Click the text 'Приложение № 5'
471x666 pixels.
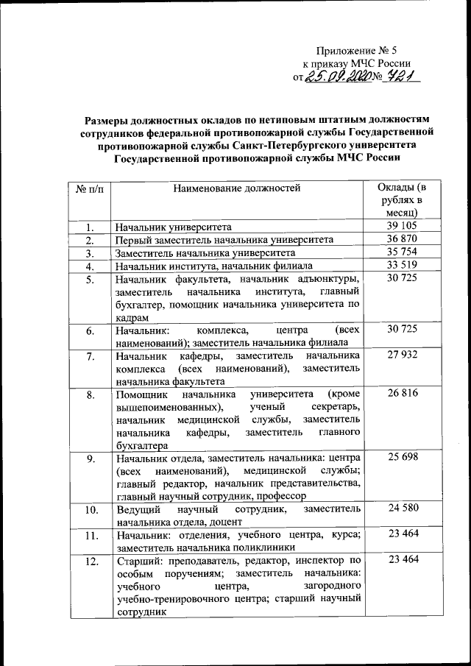[x=355, y=51]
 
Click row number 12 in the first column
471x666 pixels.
[x=89, y=562]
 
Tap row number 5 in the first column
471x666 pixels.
[x=89, y=279]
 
